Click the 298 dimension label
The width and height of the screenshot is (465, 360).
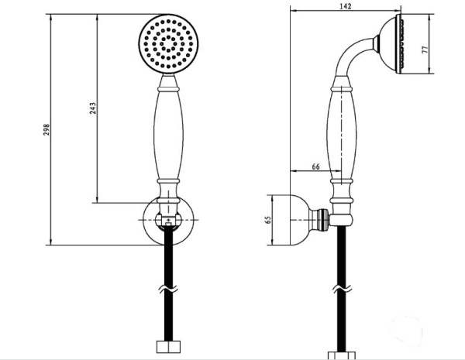click(x=46, y=129)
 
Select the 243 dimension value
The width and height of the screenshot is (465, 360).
click(x=93, y=108)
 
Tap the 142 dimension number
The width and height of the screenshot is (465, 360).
click(x=345, y=6)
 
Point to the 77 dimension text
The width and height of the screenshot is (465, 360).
click(x=425, y=50)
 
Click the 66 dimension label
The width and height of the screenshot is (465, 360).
click(x=316, y=166)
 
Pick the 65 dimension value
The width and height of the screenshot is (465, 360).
click(x=268, y=220)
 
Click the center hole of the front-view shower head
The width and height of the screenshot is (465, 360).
click(x=168, y=43)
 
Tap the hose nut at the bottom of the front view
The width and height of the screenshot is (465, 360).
click(x=168, y=347)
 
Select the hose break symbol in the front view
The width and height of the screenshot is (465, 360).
click(x=168, y=289)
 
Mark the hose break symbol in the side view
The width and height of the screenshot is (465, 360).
click(x=342, y=289)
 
